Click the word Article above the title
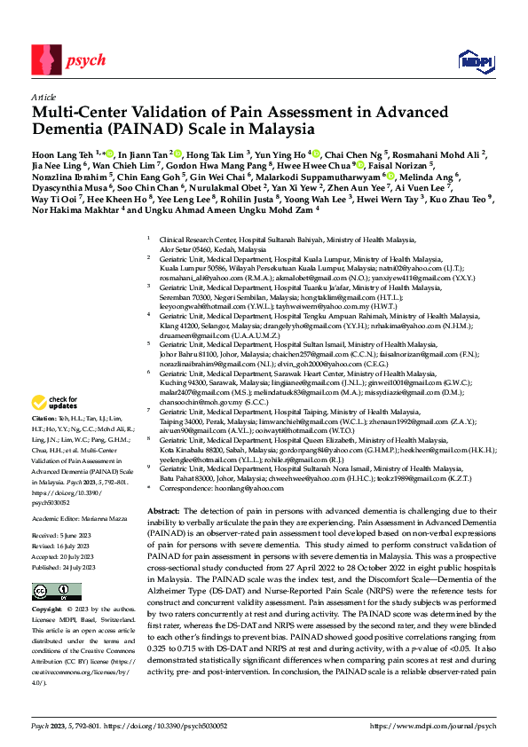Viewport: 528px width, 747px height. coord(43,97)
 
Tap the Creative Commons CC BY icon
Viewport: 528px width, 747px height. coord(46,590)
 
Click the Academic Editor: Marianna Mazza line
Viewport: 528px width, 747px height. coord(75,515)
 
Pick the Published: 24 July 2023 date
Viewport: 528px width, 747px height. coord(67,566)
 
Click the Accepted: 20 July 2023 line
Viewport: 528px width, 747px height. coord(67,556)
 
